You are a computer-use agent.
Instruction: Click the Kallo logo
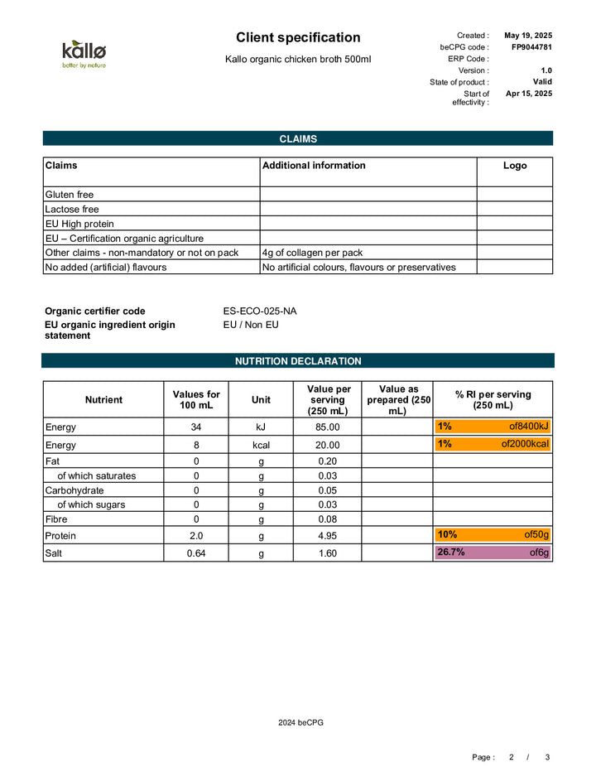[84, 54]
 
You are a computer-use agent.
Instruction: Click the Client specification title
[298, 37]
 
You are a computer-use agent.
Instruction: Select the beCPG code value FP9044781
[531, 47]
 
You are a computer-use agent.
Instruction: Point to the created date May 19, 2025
[528, 36]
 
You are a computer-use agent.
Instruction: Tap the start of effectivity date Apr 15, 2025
[529, 94]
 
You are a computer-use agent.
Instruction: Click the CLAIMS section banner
[298, 139]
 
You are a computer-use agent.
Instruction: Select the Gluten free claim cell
[151, 195]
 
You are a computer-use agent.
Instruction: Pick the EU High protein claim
[151, 224]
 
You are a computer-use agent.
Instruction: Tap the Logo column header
[515, 166]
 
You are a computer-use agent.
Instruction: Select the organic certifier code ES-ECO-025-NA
[260, 311]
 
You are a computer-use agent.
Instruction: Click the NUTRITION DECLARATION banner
[298, 361]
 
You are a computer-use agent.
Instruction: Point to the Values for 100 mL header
[196, 400]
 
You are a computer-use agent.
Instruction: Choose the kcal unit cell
[261, 445]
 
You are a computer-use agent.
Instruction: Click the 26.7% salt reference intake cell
[493, 553]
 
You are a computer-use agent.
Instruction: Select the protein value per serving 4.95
[328, 536]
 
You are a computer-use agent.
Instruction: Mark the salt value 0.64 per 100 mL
[196, 554]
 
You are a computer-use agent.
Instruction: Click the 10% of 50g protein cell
[493, 535]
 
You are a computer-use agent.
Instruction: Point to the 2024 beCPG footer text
[300, 723]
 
